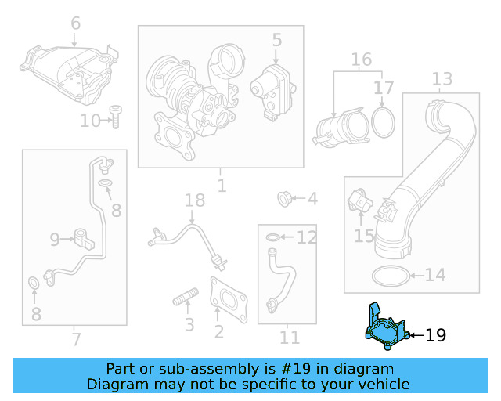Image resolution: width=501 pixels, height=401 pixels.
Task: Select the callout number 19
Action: [435, 336]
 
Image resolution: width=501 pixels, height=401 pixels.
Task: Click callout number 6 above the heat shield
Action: [75, 23]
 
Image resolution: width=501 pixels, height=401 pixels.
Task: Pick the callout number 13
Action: [442, 78]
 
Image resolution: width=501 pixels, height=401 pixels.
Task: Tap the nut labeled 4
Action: [285, 199]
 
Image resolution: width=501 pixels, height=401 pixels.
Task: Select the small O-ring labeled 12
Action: [270, 237]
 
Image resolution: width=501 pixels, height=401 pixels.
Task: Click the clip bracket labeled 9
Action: [83, 237]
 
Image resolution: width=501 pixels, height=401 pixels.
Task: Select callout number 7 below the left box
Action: [75, 339]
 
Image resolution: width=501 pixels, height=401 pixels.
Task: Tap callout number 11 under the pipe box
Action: [290, 338]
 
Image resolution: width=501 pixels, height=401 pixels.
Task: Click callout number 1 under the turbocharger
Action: [221, 186]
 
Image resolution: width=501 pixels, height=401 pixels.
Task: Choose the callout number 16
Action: [361, 60]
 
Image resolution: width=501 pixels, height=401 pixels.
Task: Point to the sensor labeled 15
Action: [360, 202]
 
